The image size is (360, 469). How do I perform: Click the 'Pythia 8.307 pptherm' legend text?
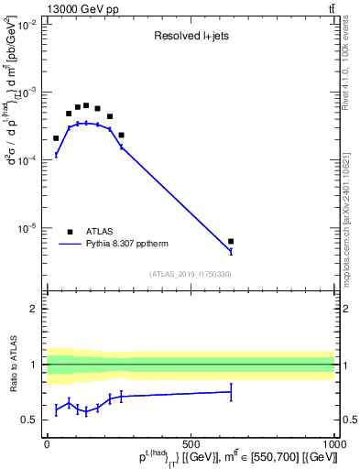click(x=128, y=244)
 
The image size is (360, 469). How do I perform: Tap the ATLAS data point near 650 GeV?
click(x=231, y=242)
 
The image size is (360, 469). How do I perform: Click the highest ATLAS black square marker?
click(x=86, y=105)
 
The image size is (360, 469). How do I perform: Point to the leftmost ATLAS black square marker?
click(x=56, y=138)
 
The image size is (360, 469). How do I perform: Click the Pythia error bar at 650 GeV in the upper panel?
click(x=231, y=251)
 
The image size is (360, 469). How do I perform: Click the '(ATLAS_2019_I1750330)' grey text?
click(x=191, y=274)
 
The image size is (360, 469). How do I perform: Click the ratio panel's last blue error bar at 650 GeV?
click(x=231, y=392)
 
